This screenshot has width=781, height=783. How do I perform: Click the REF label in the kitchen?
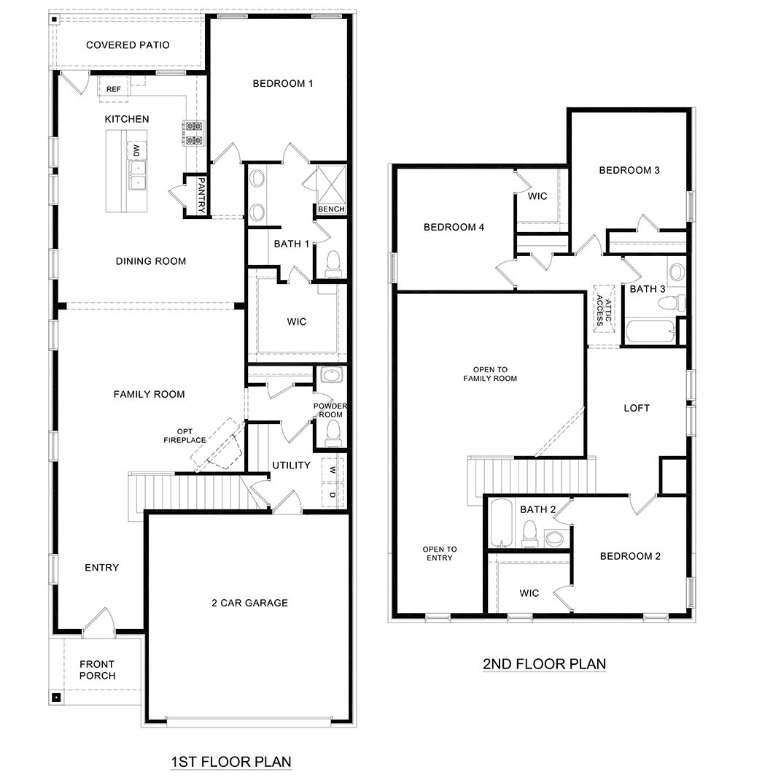(x=114, y=89)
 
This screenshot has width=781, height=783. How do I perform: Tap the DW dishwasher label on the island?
(x=136, y=150)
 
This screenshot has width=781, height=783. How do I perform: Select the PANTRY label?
(x=202, y=195)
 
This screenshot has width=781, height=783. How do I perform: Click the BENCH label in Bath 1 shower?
(x=330, y=209)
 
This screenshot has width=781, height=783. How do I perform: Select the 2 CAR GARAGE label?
(x=249, y=603)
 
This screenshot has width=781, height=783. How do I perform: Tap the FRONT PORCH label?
(x=97, y=670)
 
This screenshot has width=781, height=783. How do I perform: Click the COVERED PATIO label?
(x=128, y=45)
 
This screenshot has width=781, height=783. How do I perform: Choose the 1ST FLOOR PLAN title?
(x=230, y=762)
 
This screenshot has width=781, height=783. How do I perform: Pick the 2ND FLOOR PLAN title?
(x=544, y=664)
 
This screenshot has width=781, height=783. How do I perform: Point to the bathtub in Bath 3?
(x=650, y=332)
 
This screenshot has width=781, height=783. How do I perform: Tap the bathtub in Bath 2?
(x=501, y=522)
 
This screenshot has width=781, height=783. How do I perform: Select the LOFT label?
(x=636, y=408)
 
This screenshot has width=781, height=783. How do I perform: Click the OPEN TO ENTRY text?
(x=440, y=554)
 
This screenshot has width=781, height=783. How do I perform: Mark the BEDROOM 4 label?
(x=454, y=227)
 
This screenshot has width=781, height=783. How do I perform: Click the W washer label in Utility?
(x=333, y=469)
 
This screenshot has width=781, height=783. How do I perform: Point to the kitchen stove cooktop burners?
(x=194, y=134)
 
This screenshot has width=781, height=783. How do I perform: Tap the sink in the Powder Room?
(x=332, y=377)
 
